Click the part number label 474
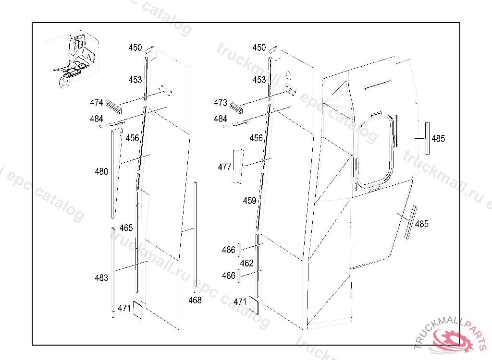96,103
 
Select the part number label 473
220,103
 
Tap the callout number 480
101,171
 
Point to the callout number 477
225,167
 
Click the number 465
126,228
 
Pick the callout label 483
101,278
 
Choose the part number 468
195,300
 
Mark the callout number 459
249,201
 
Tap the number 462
246,263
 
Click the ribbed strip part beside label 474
113,107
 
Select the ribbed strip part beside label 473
236,108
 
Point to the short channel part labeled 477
238,166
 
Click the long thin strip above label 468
195,237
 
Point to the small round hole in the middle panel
289,75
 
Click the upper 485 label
438,138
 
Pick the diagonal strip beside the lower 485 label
410,222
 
